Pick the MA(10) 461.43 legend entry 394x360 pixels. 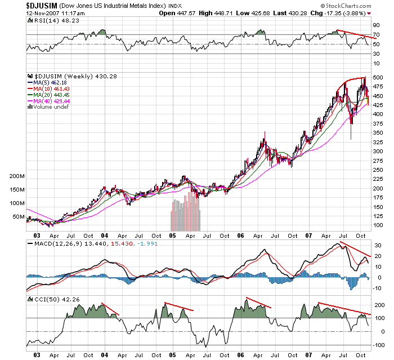coord(55,89)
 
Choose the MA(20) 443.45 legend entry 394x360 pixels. coord(55,95)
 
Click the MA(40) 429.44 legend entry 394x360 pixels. coord(55,101)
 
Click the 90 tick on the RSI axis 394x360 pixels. coord(374,26)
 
